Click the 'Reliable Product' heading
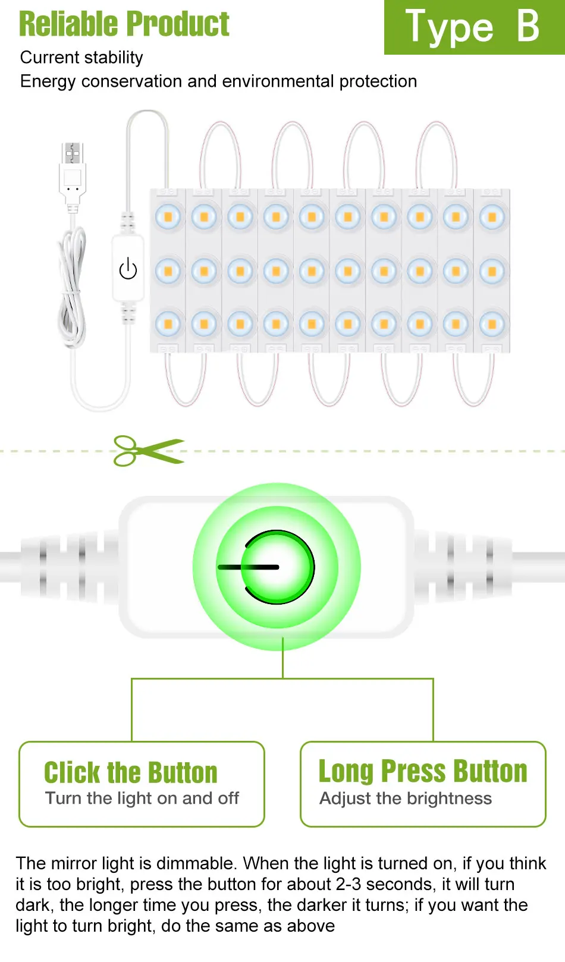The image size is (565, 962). click(x=124, y=24)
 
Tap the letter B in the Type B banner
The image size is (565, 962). click(x=528, y=26)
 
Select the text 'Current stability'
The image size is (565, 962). click(x=81, y=58)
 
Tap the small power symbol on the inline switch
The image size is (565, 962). click(x=128, y=269)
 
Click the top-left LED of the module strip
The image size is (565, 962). click(x=168, y=217)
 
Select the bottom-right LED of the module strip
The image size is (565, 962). click(x=492, y=325)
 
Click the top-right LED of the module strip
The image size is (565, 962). click(x=492, y=217)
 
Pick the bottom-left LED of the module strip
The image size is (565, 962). click(x=168, y=325)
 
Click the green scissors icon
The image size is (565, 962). click(x=147, y=451)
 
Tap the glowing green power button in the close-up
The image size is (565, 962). click(x=277, y=567)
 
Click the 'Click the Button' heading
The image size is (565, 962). click(x=131, y=772)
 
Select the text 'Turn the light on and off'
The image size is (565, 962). click(x=142, y=798)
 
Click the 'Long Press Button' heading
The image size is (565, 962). click(x=423, y=771)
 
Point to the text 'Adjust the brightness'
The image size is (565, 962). click(x=406, y=798)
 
